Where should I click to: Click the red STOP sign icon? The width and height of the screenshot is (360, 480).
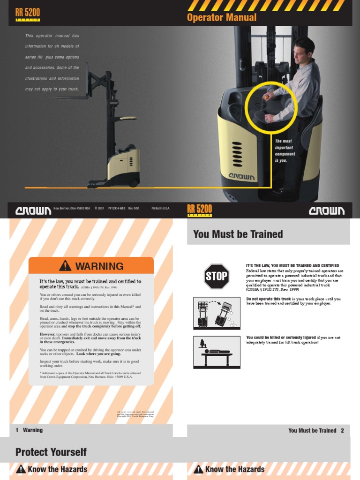[x=216, y=276]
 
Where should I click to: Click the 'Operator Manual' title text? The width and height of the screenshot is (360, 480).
[x=222, y=17]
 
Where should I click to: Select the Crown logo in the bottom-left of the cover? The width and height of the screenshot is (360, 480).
[x=33, y=211]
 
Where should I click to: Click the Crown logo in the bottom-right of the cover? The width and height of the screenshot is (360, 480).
[x=327, y=211]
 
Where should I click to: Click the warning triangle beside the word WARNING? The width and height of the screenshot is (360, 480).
[x=66, y=266]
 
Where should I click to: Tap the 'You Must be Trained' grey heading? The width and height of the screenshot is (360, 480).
[x=238, y=234]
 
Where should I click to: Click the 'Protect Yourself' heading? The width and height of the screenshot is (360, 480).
[x=51, y=452]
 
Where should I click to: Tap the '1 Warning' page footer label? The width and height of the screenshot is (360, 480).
[x=29, y=430]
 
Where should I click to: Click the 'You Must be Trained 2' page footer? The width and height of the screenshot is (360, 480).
[x=316, y=430]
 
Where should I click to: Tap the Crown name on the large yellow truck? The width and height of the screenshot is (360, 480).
[x=242, y=177]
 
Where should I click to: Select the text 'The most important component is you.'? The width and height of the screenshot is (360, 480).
[x=284, y=150]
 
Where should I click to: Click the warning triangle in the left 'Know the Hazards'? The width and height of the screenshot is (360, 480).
[x=20, y=469]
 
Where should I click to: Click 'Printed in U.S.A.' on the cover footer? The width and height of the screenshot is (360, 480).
[x=160, y=208]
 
